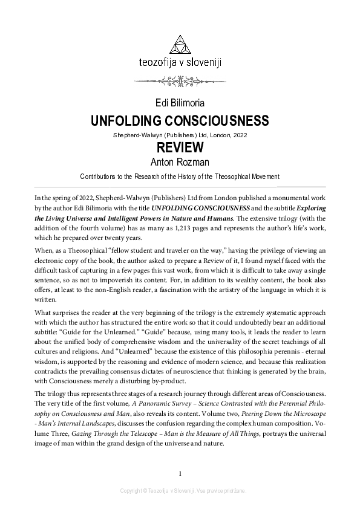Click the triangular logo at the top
pos(180,45)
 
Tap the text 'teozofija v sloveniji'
pos(180,62)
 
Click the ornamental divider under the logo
pos(180,79)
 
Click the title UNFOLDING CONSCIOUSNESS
pos(180,120)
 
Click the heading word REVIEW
pos(180,148)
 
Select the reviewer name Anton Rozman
pos(180,162)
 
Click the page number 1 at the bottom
pos(180,473)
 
